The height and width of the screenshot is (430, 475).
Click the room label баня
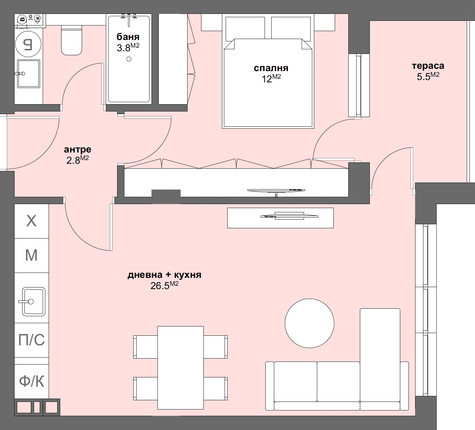pyautogui.click(x=128, y=37)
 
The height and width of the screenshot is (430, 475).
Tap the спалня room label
pyautogui.click(x=271, y=68)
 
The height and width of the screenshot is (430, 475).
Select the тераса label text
pyautogui.click(x=428, y=66)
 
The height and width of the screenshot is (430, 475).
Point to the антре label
pyautogui.click(x=77, y=150)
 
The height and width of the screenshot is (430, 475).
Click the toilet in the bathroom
pyautogui.click(x=71, y=41)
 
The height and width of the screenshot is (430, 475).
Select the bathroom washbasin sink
pyautogui.click(x=28, y=73)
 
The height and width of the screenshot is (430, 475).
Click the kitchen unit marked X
pyautogui.click(x=31, y=221)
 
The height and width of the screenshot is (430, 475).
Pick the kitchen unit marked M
pyautogui.click(x=31, y=255)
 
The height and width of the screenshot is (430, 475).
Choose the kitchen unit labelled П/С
pyautogui.click(x=31, y=340)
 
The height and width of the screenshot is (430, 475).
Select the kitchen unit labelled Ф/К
pyautogui.click(x=31, y=381)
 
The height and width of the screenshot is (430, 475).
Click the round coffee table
pyautogui.click(x=309, y=323)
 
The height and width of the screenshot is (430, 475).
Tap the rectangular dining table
pyautogui.click(x=180, y=367)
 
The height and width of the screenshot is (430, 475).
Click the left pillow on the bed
pyautogui.click(x=245, y=28)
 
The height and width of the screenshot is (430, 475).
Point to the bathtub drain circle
pyautogui.click(x=129, y=59)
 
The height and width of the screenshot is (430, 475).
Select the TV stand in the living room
pyautogui.click(x=280, y=218)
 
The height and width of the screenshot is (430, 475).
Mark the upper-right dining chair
pyautogui.click(x=215, y=347)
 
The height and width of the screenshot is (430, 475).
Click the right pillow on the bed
pyautogui.click(x=291, y=28)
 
